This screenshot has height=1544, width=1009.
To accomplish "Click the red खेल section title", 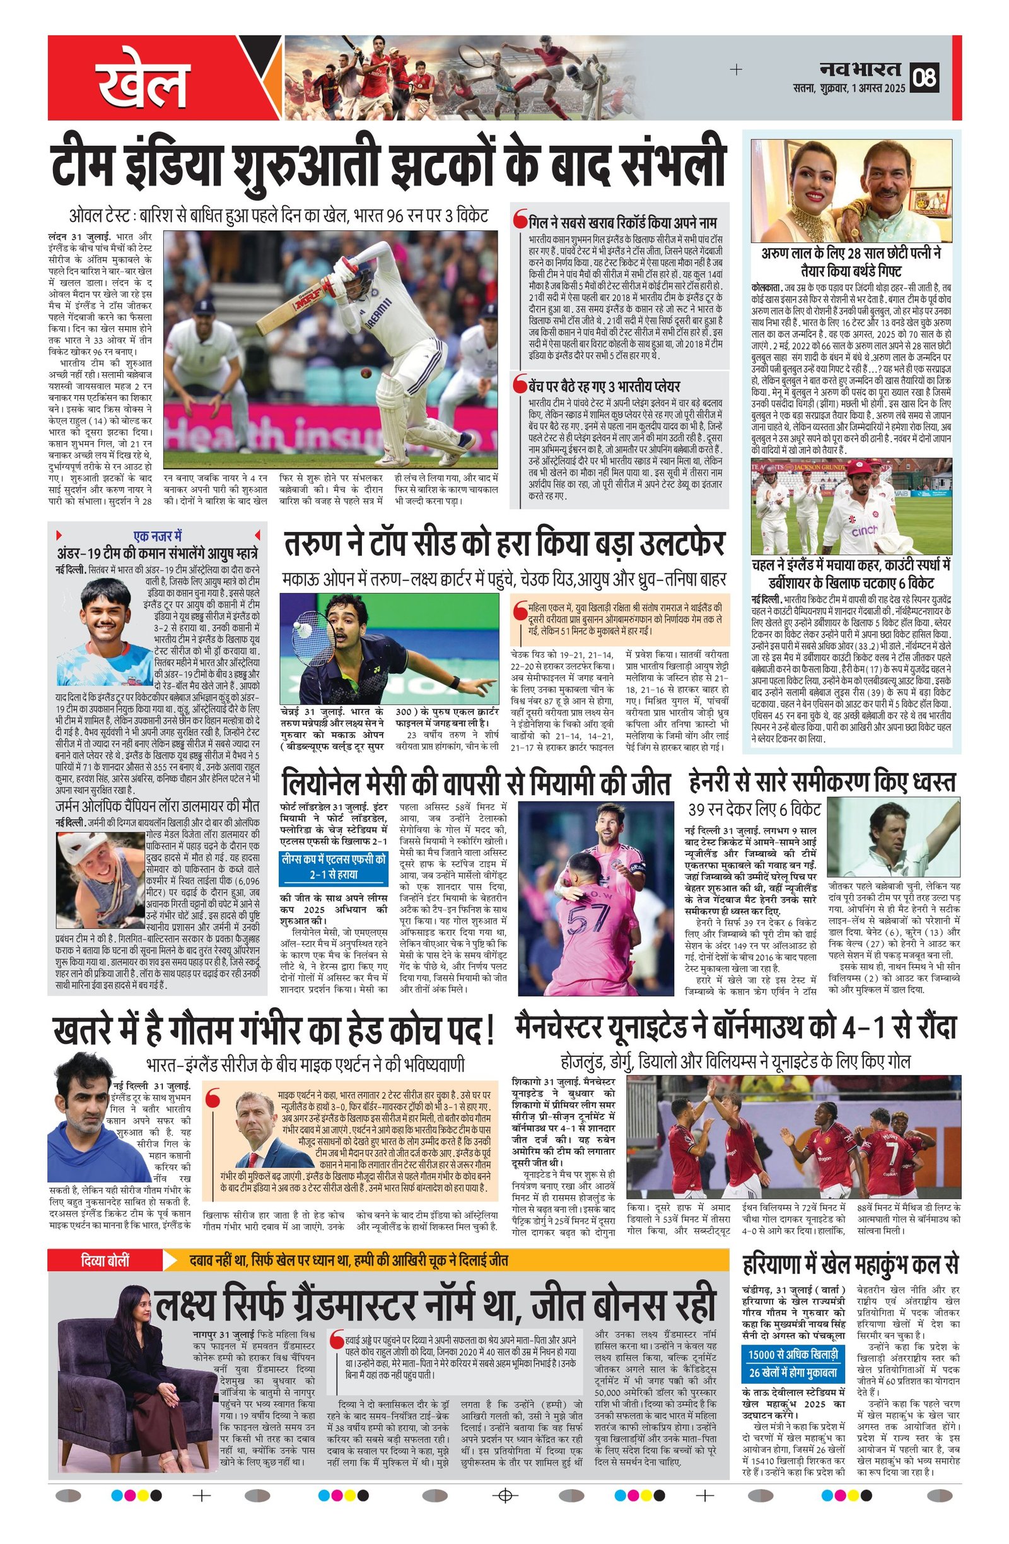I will click(143, 80).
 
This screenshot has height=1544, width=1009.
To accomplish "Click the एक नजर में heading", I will click(158, 536).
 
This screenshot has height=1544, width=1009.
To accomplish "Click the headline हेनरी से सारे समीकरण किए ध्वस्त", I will click(822, 782).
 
